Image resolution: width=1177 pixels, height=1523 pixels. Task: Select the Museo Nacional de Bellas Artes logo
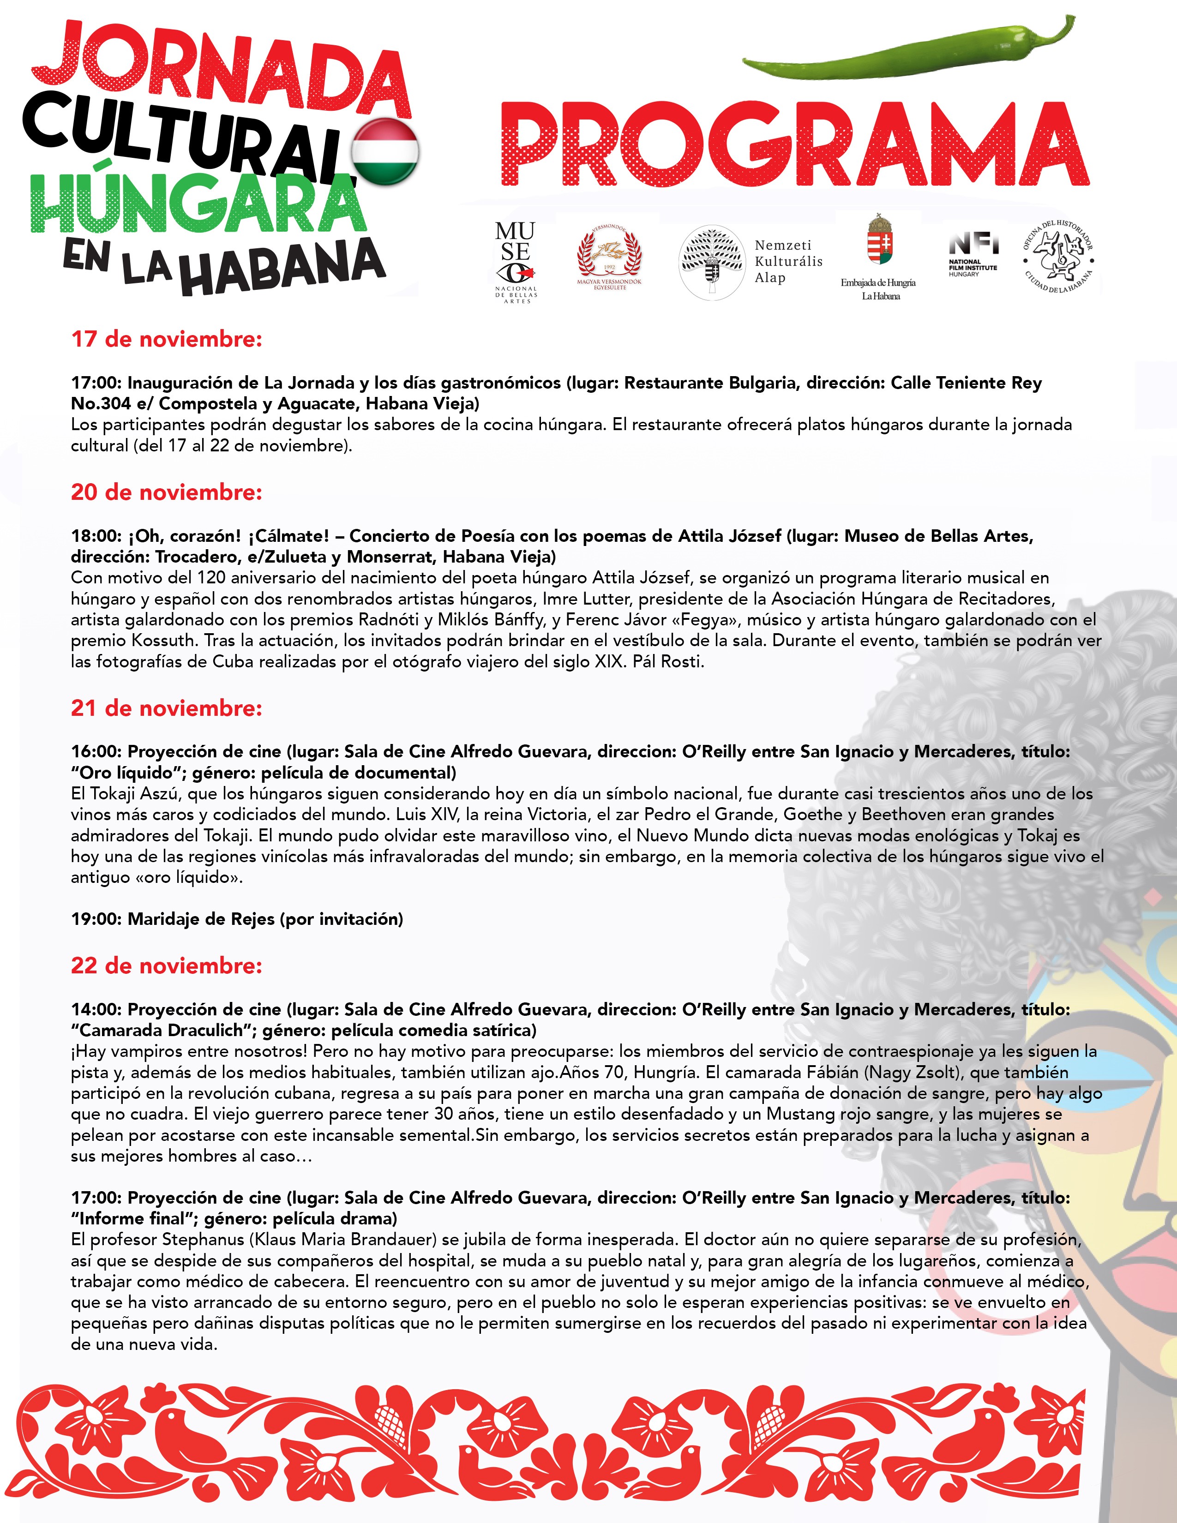tap(516, 262)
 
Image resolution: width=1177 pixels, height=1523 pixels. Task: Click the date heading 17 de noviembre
tap(167, 340)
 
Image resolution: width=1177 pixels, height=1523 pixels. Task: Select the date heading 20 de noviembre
tap(167, 492)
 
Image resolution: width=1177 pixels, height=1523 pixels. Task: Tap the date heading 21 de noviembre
tap(167, 708)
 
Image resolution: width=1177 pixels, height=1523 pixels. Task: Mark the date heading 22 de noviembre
tap(167, 966)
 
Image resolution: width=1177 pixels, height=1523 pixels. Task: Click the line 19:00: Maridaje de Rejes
tap(237, 919)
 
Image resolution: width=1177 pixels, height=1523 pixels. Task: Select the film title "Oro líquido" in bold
tap(127, 773)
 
